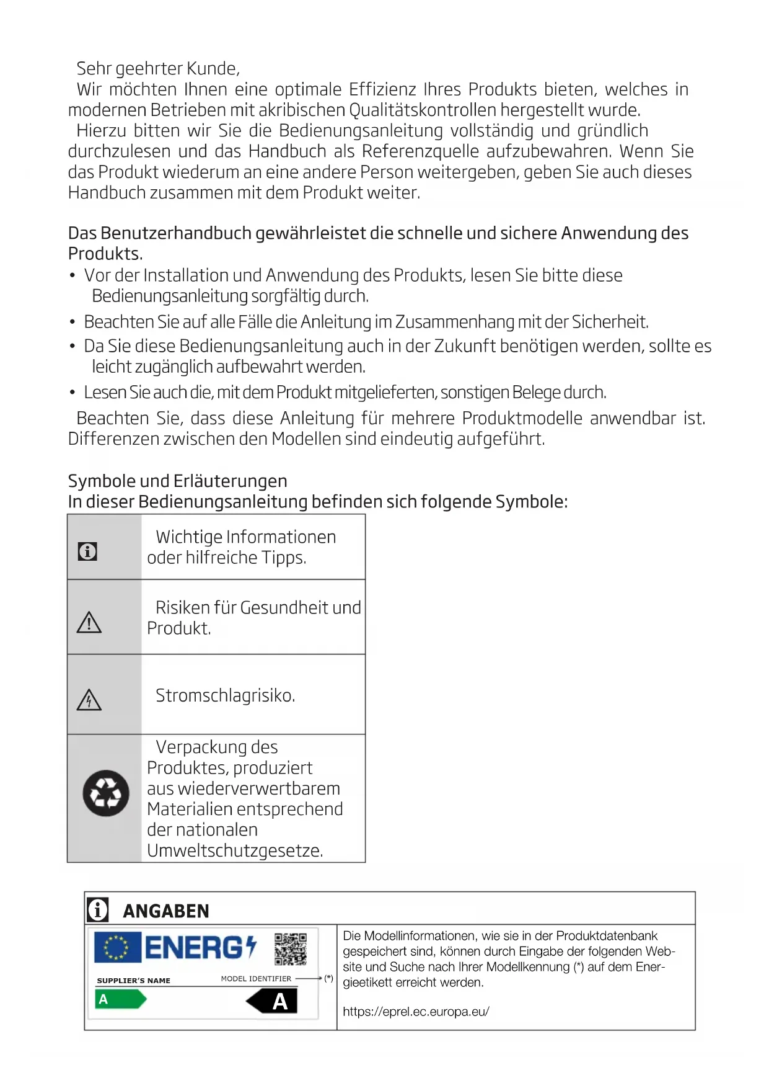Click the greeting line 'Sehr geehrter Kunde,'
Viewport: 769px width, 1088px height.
(158, 68)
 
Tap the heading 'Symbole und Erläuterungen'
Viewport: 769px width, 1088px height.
(177, 481)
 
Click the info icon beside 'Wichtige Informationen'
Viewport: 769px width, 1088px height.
(87, 551)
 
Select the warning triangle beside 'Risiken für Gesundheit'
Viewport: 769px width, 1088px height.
(89, 622)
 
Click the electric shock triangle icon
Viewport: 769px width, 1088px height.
(89, 700)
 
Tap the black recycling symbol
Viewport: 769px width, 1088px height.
(106, 793)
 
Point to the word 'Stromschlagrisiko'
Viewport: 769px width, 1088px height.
(224, 695)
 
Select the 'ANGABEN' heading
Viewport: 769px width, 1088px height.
(166, 911)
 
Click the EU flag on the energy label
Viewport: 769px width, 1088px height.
(117, 947)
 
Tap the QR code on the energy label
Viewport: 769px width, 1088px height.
(290, 949)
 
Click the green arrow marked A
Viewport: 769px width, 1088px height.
(120, 999)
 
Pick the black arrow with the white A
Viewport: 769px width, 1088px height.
(273, 1001)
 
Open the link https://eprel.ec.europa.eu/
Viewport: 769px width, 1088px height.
(416, 1012)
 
